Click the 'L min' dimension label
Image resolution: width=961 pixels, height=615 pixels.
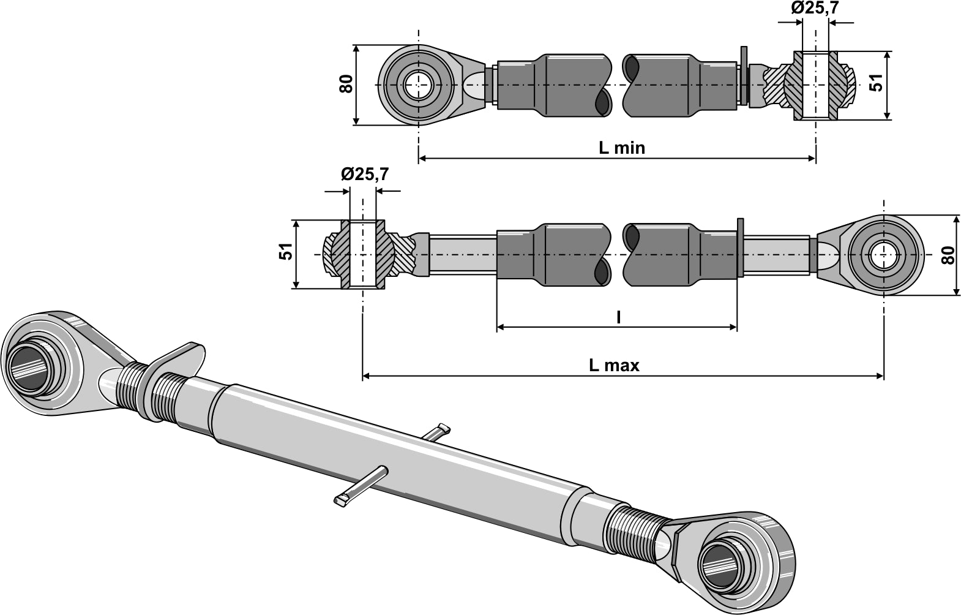(x=621, y=148)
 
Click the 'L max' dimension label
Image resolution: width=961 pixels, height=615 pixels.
(x=614, y=366)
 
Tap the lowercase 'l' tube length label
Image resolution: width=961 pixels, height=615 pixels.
(x=618, y=317)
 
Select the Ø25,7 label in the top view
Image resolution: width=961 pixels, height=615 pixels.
(x=814, y=8)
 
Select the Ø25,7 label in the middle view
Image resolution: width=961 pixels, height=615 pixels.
(x=364, y=175)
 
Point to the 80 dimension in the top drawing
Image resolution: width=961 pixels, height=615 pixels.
(x=347, y=83)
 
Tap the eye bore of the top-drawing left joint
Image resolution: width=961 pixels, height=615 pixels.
(x=418, y=84)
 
